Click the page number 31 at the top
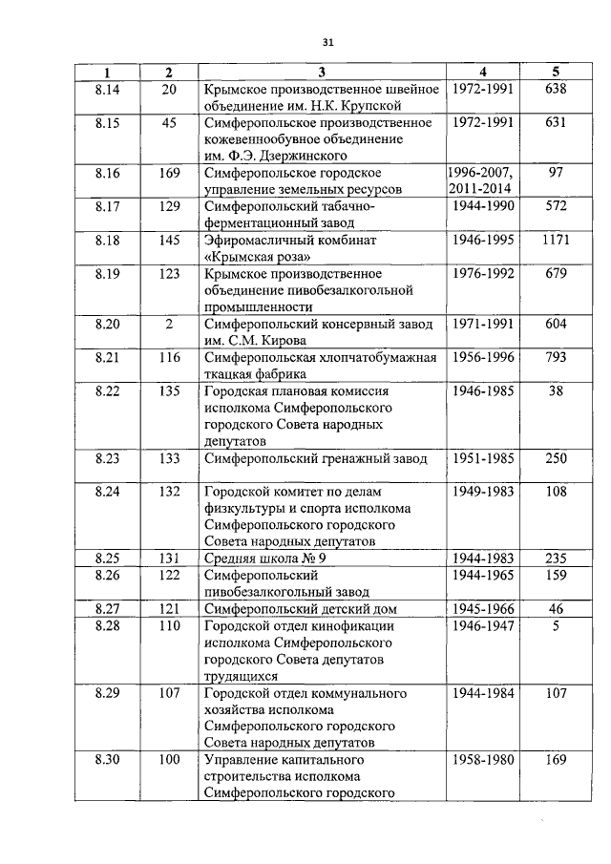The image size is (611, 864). pos(327,42)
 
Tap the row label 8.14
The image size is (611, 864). pos(108,89)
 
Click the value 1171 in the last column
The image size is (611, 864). pos(555,241)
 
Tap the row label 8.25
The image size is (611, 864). pos(108,558)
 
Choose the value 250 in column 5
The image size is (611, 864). pos(555,459)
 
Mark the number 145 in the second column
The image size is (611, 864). pos(169,241)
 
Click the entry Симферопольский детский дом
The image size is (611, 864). pos(300,608)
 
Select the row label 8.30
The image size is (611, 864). pos(108,760)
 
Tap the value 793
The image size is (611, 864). pos(555,358)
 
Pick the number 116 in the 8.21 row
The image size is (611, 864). pos(169,358)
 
